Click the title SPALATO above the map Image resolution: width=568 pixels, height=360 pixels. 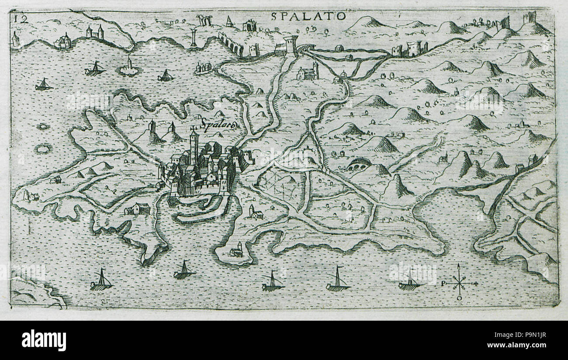(308, 16)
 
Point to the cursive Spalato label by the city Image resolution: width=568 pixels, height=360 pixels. (219, 124)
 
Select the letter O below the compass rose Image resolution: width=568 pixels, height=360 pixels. (459, 298)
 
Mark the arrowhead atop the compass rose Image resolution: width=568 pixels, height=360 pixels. (458, 266)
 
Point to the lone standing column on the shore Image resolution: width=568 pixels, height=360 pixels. (193, 38)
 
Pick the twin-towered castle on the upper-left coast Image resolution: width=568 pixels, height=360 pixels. (94, 32)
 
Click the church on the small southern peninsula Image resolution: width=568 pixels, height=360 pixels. (236, 250)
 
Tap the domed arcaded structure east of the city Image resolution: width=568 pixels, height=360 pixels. (359, 164)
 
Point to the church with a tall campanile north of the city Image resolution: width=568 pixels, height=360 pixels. (309, 72)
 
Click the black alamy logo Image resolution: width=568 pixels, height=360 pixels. (44, 340)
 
